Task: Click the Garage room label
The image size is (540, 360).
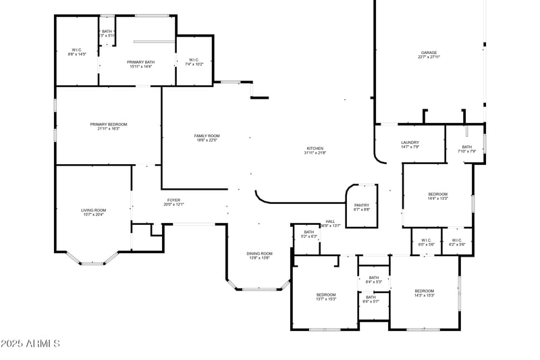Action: (429, 55)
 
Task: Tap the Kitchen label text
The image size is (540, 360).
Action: (315, 151)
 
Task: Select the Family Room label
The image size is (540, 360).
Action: (207, 138)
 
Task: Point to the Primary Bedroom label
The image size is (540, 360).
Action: (109, 126)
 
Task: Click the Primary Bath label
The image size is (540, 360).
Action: (140, 64)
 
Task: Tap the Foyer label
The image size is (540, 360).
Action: (174, 202)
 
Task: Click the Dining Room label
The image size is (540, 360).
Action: (260, 255)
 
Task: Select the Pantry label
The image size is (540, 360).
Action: (362, 207)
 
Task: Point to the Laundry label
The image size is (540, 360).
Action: (410, 145)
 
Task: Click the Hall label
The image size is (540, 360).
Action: (330, 223)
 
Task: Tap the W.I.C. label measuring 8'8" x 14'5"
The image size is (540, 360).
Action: (77, 51)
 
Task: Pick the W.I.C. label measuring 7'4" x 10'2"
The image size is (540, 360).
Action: (194, 62)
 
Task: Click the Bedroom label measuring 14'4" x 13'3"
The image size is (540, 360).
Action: (437, 197)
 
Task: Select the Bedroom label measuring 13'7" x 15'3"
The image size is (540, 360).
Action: (326, 297)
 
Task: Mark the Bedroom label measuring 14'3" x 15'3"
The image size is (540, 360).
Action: (424, 293)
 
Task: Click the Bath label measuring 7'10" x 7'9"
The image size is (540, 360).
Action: (467, 149)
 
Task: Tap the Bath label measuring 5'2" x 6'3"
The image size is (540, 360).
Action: (308, 234)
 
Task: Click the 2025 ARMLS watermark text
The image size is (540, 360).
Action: (30, 344)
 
